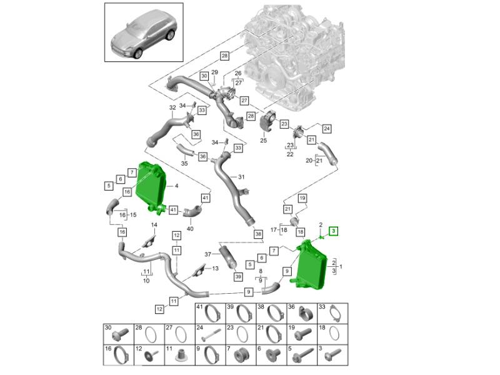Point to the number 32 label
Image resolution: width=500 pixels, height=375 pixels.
point(172,107)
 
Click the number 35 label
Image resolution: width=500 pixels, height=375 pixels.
point(184,163)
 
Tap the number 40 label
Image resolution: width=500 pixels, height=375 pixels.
point(191,229)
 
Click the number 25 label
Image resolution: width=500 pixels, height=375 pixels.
point(263,141)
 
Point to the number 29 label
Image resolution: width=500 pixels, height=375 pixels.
point(214,74)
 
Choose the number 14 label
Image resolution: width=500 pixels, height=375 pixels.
point(153,225)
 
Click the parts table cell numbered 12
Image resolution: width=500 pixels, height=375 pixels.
point(147,354)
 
